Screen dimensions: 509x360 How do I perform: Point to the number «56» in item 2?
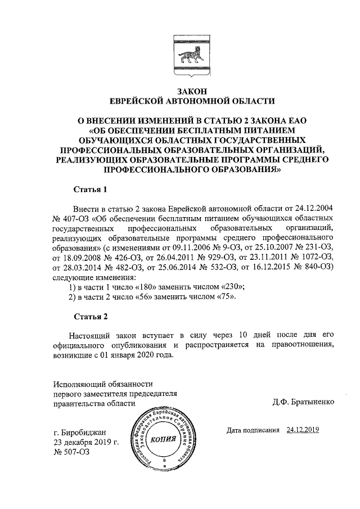150,296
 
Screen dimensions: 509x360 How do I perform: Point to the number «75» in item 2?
225,296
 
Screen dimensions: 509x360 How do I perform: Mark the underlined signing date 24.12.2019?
303,430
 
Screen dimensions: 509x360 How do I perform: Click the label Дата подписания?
253,430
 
